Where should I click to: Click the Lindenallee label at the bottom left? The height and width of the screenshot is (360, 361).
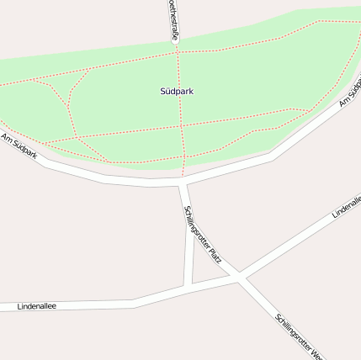pos(36,307)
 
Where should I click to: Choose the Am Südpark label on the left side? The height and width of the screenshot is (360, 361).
pos(19,147)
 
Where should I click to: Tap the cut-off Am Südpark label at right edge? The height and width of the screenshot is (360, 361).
pos(351,93)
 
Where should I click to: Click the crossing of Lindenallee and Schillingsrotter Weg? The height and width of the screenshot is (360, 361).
pos(241,277)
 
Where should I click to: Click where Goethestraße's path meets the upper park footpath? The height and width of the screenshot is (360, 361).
pos(178,52)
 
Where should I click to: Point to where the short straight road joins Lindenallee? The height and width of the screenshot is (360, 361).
pos(188,286)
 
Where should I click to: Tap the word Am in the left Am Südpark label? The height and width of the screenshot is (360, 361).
pos(7,138)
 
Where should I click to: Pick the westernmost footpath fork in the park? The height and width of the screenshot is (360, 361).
pos(34,81)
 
